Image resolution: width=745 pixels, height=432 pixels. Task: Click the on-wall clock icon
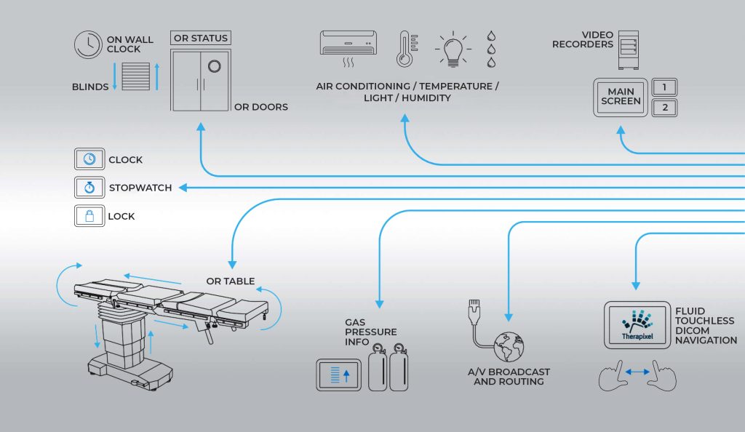[x=88, y=44]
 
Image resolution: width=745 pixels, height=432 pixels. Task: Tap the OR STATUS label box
[x=200, y=38]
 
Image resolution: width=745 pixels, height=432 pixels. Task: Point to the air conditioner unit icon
[x=348, y=44]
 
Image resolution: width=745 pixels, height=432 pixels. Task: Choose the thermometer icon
[x=405, y=49]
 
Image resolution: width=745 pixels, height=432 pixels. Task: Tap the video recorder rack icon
[x=628, y=49]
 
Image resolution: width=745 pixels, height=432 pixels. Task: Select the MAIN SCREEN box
[x=621, y=97]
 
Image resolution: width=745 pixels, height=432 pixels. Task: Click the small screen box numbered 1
[x=664, y=87]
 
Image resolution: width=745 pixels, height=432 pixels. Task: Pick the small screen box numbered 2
[x=664, y=108]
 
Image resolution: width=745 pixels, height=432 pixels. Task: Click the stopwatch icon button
[x=89, y=188]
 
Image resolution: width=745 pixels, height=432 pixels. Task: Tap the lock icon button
[x=89, y=216]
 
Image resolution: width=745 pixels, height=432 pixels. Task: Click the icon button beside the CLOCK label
[x=89, y=159]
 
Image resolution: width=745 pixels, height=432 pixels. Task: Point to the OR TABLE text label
[x=230, y=281]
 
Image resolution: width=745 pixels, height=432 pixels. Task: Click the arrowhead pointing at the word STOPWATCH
[x=183, y=188]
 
